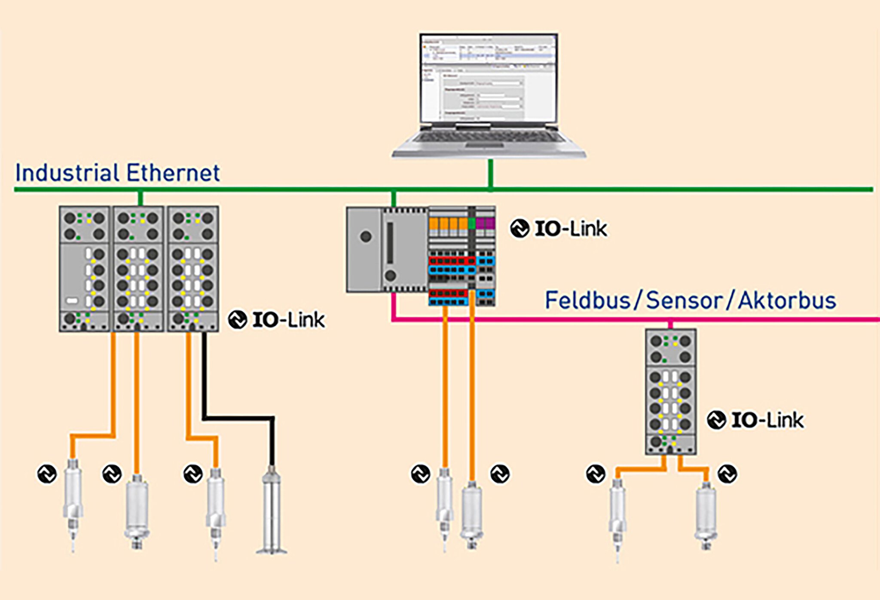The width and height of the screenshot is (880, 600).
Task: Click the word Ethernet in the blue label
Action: [x=173, y=173]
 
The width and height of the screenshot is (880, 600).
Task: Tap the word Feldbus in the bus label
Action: [x=587, y=300]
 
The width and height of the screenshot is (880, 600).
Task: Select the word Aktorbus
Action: [x=787, y=300]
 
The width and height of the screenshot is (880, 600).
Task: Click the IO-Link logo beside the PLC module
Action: [x=559, y=229]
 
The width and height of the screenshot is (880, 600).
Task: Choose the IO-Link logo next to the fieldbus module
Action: [x=755, y=420]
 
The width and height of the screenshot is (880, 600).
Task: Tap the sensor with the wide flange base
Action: [x=272, y=511]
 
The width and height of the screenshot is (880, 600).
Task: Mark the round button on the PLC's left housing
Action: [x=366, y=236]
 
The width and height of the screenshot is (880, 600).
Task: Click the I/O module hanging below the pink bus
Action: [x=670, y=391]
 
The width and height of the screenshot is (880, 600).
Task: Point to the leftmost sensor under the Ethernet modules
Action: [x=73, y=503]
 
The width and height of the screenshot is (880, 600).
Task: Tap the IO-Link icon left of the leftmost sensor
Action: [x=47, y=474]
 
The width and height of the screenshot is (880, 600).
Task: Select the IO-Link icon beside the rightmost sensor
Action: [x=727, y=474]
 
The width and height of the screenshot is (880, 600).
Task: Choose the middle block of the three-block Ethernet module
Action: [x=138, y=269]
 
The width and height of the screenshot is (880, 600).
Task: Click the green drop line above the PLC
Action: [x=394, y=199]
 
